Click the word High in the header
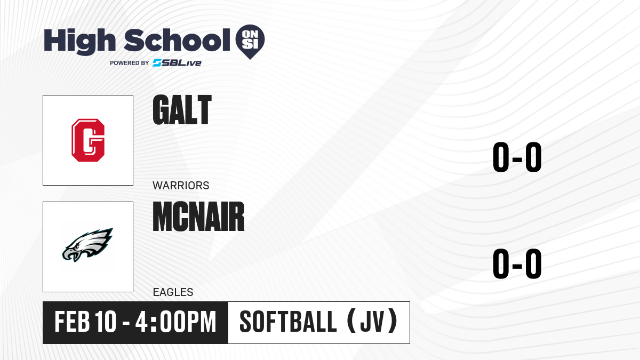79,41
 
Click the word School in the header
177,39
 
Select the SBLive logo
177,63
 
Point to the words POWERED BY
129,63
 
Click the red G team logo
88,140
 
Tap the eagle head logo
87,245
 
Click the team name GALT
182,110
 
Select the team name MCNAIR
198,217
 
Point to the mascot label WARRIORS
181,186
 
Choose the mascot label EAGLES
173,292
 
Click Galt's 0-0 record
517,157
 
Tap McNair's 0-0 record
517,263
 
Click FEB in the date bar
72,322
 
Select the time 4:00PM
175,322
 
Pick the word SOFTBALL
289,322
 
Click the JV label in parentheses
372,322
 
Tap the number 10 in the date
106,322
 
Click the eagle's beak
71,255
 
